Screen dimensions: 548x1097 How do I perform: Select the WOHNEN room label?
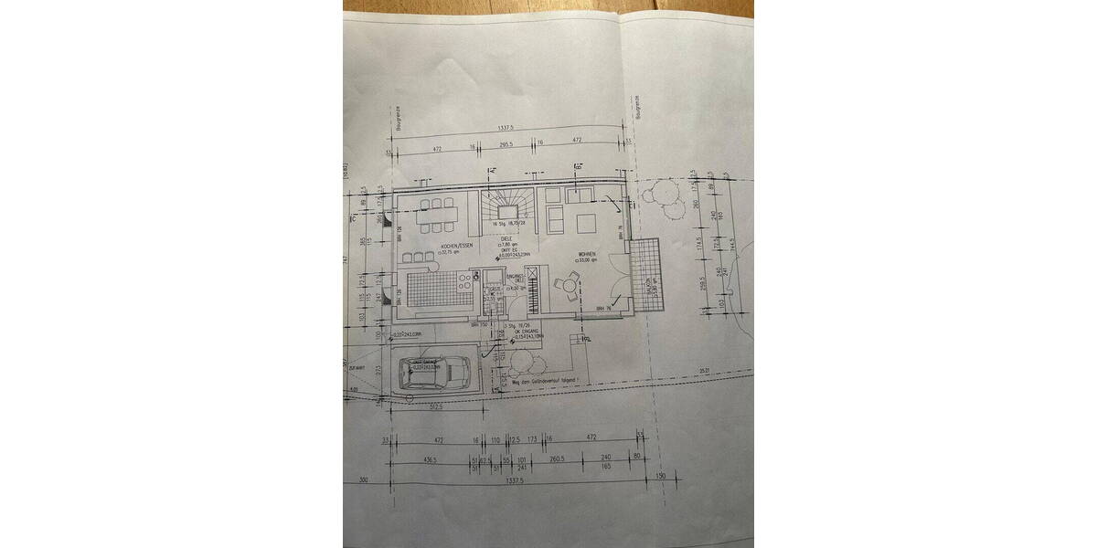coord(587,254)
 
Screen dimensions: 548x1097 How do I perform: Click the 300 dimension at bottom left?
coord(363,479)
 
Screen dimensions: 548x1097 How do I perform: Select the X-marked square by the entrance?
coord(533,277)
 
